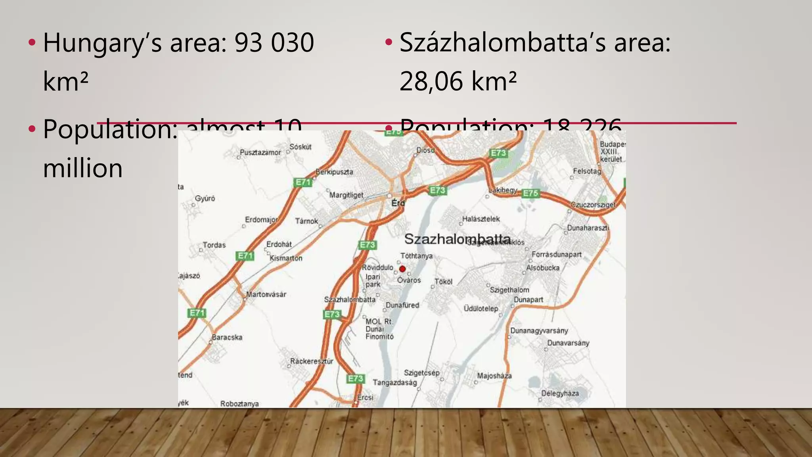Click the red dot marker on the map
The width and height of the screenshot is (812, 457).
(402, 269)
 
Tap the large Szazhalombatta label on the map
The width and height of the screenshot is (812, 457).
(457, 239)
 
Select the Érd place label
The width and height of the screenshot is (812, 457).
(398, 203)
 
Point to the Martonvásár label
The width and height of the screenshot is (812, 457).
(266, 294)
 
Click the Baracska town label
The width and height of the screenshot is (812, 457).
(227, 337)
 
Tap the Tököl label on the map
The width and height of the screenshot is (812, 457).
(443, 282)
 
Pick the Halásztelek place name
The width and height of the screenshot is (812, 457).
(481, 219)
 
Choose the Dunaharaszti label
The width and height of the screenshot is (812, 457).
(588, 228)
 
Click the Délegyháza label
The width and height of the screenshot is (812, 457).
(560, 394)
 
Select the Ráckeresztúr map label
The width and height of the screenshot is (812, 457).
(312, 361)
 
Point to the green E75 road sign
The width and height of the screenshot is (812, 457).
(530, 193)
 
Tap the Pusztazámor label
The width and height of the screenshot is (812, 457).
(260, 152)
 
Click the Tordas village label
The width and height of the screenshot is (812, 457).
(214, 245)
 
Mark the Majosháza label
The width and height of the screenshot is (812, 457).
(494, 376)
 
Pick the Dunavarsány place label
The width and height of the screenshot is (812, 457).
(568, 343)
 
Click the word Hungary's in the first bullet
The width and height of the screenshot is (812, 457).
(102, 43)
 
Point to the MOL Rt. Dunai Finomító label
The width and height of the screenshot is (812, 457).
(379, 329)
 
